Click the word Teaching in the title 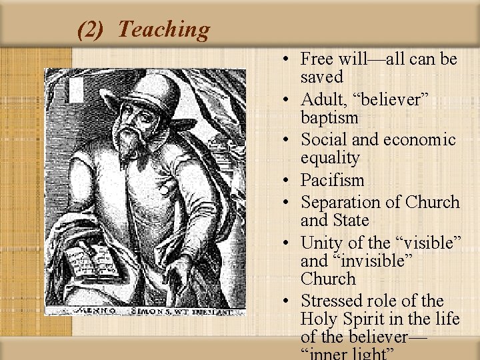click(x=163, y=29)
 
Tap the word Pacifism click(x=332, y=180)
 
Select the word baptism click(x=329, y=118)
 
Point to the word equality click(x=330, y=158)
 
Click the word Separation click(x=343, y=202)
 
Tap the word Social click(x=323, y=140)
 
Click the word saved click(x=321, y=77)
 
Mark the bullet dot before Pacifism click(x=285, y=181)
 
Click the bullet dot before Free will click(x=285, y=59)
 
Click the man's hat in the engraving click(x=153, y=89)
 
